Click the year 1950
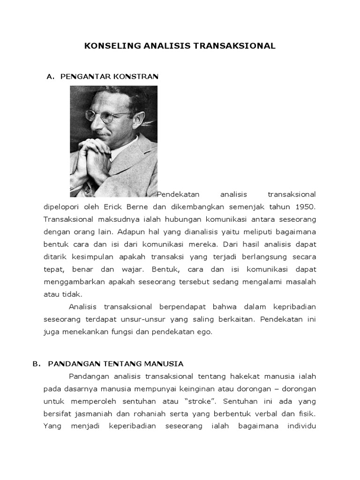305,206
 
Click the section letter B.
35,363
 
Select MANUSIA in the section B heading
165,363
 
